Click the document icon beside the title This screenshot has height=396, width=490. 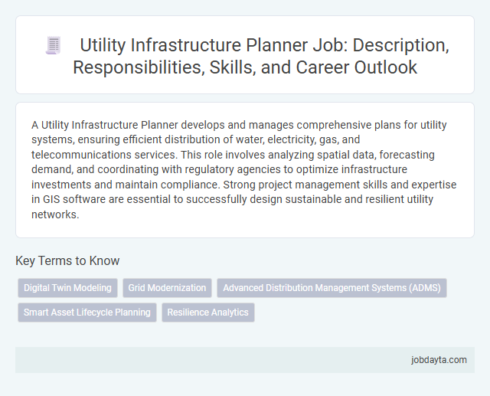(53, 46)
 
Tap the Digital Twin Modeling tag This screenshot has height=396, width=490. (67, 288)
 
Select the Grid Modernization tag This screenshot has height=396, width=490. (167, 288)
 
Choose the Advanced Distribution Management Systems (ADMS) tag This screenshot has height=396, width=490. (332, 288)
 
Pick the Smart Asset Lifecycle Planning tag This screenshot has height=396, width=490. (87, 313)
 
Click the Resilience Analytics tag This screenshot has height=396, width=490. (208, 313)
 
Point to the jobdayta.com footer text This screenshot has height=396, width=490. (439, 360)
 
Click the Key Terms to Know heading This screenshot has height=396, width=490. (67, 260)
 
